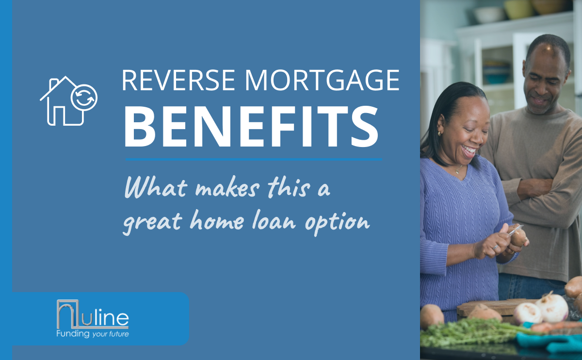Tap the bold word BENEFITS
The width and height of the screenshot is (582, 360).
click(x=251, y=127)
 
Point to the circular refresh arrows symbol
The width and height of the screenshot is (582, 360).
click(x=84, y=98)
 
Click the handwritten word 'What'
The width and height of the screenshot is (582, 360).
click(x=156, y=187)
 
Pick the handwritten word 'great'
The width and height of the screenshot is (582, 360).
click(x=152, y=223)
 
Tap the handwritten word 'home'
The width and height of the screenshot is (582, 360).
click(x=217, y=220)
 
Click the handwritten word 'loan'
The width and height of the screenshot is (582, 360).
click(x=275, y=220)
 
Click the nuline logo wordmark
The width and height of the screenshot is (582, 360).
click(x=93, y=314)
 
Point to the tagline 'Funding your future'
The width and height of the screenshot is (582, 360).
click(x=93, y=334)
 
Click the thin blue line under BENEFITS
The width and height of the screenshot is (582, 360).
click(x=254, y=159)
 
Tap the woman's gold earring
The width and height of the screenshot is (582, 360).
click(x=439, y=133)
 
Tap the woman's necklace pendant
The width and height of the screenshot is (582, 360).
click(x=457, y=171)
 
